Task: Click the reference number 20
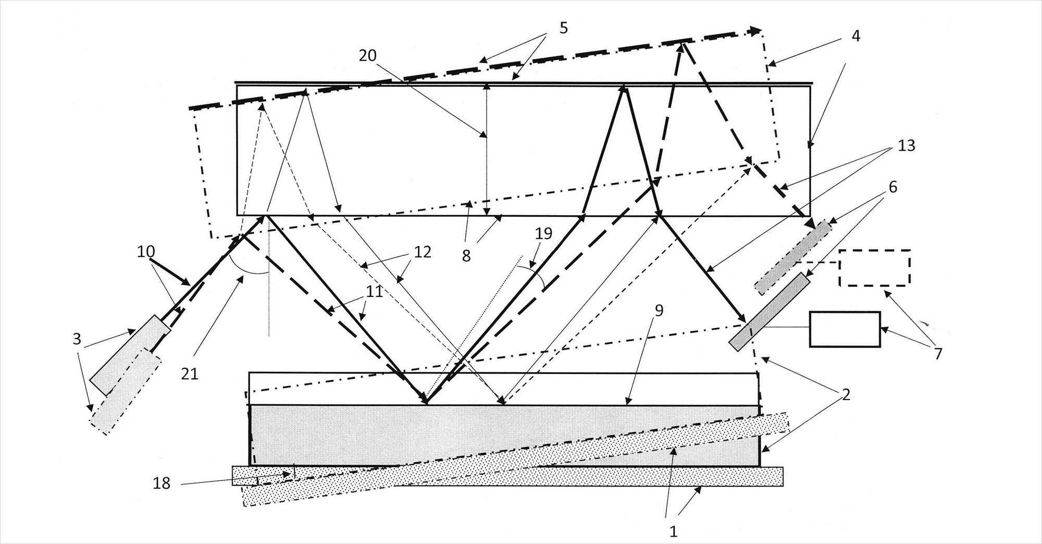(x=368, y=55)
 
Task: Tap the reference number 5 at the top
(x=564, y=28)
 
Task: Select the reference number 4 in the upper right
(x=856, y=36)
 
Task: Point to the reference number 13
(x=907, y=145)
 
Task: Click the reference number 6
(x=892, y=187)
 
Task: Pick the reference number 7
(x=938, y=354)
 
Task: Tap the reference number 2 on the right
(x=846, y=394)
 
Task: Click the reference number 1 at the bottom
(x=673, y=531)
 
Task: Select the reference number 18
(x=162, y=483)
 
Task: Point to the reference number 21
(x=190, y=374)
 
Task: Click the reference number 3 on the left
(x=77, y=339)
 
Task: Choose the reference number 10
(x=146, y=252)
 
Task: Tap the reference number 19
(x=543, y=233)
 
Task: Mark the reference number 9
(x=659, y=311)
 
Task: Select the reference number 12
(x=423, y=252)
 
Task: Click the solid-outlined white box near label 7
(x=845, y=329)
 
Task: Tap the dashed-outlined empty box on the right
(x=875, y=268)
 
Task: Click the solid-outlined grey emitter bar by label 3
(x=131, y=354)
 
